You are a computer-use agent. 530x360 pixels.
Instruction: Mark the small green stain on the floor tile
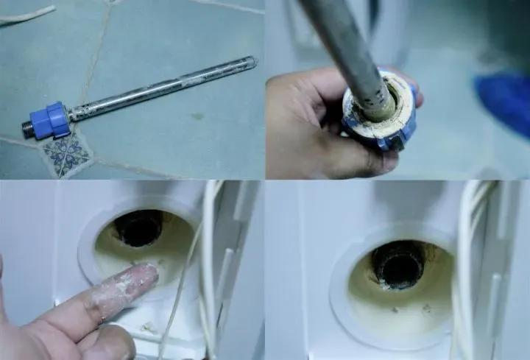click(198, 116)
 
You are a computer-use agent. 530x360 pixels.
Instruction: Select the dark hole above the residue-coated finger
click(138, 227)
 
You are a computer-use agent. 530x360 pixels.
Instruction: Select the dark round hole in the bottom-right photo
click(398, 263)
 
